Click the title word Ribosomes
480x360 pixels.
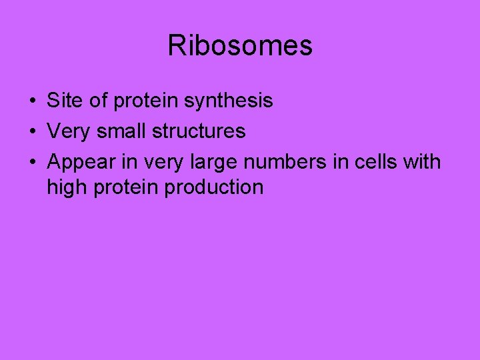tap(239, 46)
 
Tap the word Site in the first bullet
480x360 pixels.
tap(62, 101)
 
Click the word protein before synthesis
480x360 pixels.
tap(145, 101)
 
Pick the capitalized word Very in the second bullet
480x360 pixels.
tap(69, 131)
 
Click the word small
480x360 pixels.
tap(122, 131)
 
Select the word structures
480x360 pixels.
tap(199, 131)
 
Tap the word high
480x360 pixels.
tap(69, 188)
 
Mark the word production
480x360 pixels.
tap(214, 188)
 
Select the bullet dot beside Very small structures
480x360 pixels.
tap(32, 132)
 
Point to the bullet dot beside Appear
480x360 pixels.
tap(32, 163)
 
